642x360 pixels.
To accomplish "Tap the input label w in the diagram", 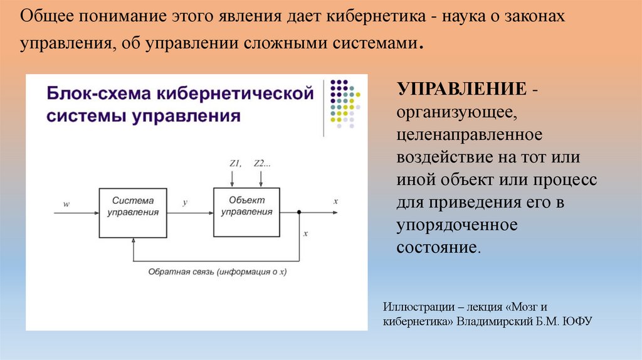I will (66, 204).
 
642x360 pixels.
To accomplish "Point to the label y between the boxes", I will (184, 203).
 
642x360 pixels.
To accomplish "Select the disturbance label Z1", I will (235, 164).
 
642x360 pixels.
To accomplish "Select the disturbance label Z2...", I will (261, 164).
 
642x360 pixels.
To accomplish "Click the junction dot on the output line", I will (299, 213).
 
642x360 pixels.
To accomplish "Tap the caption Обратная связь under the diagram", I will (181, 272).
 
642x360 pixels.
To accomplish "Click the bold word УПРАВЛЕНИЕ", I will (461, 90).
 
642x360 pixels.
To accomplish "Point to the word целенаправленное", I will (469, 134).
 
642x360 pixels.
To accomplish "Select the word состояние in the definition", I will (438, 246).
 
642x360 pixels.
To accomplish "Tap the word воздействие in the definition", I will (439, 157).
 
